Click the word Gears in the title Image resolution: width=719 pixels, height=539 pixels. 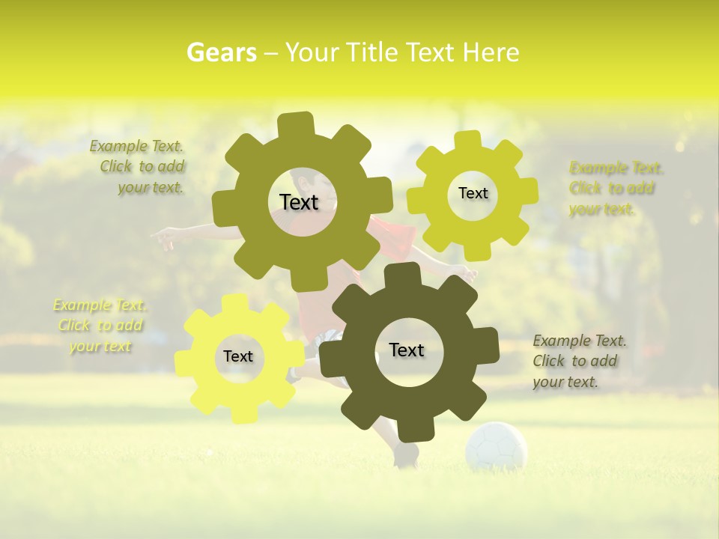point(221,52)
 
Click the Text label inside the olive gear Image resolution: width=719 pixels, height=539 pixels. point(299,202)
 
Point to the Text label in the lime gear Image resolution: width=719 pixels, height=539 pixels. point(473,193)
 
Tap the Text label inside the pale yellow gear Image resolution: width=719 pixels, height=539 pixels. point(238,356)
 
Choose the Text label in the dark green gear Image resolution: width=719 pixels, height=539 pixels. point(407,350)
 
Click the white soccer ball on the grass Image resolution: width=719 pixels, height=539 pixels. point(496,447)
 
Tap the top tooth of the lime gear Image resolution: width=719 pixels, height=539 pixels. point(468,140)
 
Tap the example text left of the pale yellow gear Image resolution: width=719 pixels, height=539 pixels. point(100,325)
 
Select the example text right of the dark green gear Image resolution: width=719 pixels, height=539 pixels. point(578,361)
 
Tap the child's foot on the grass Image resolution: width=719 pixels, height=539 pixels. point(406,456)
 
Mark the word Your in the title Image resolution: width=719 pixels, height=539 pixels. point(313,52)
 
